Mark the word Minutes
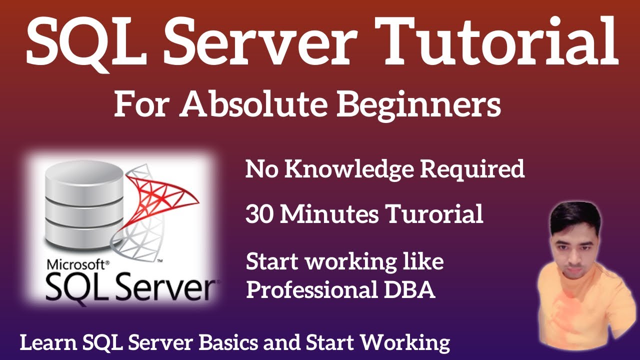tap(328, 214)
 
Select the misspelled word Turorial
tap(434, 214)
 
